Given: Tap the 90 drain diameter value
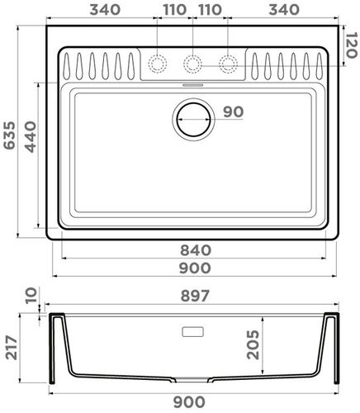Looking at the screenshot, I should coord(232,112).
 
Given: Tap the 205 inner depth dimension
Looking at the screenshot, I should coord(252,343).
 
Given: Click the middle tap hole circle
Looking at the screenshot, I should coord(192,63).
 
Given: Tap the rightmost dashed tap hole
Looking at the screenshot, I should coord(229,63).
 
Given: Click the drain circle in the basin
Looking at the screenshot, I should coord(192,118).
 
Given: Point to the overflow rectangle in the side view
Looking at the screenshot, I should coord(192,330).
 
